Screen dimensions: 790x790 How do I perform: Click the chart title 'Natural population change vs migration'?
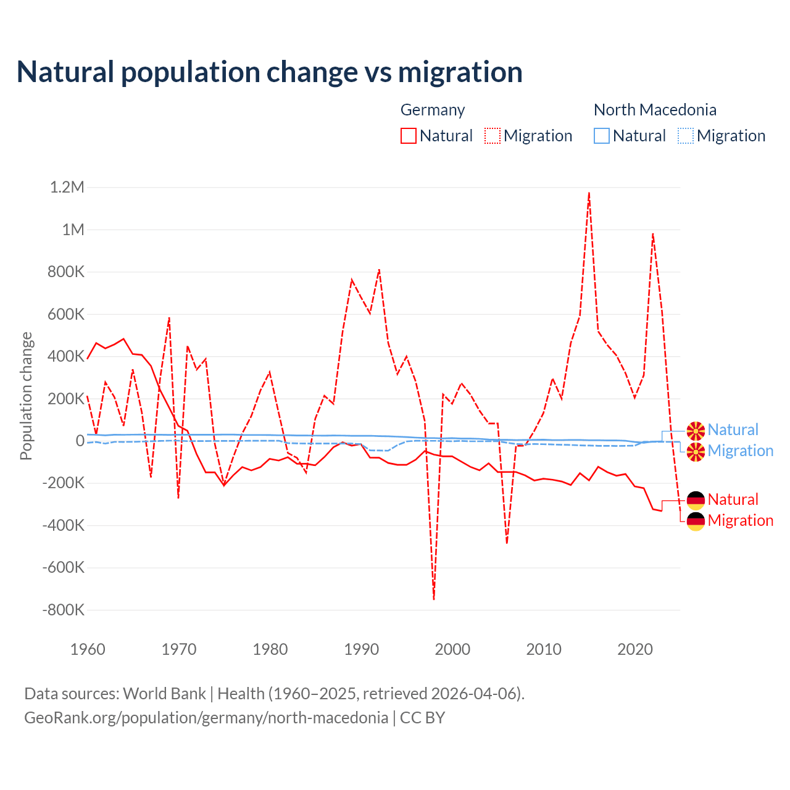point(270,72)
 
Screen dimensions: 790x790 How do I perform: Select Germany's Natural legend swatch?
point(408,136)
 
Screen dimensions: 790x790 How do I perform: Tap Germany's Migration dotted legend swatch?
point(493,136)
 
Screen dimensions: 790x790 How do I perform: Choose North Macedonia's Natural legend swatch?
point(601,136)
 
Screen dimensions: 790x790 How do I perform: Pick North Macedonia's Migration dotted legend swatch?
point(686,136)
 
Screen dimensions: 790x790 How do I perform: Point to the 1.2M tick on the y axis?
point(67,187)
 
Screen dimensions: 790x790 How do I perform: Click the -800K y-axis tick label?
point(63,610)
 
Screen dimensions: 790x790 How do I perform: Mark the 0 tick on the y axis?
point(80,441)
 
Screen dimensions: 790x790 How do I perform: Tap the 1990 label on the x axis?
point(362,649)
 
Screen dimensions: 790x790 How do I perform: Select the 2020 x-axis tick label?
point(635,649)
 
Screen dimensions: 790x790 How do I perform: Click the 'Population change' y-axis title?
point(26,396)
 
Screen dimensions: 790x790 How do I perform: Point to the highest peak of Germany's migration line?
point(589,193)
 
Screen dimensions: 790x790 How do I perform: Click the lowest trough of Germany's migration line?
point(434,599)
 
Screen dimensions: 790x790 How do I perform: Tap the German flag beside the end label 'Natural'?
point(696,500)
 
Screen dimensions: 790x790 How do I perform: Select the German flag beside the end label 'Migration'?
point(696,521)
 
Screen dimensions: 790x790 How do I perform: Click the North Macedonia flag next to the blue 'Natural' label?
point(696,430)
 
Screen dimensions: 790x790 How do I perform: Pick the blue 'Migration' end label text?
point(740,451)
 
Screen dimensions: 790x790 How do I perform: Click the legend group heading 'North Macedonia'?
point(655,110)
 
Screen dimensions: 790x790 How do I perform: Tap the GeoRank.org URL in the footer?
point(206,718)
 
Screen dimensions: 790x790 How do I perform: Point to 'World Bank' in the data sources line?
point(164,694)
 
